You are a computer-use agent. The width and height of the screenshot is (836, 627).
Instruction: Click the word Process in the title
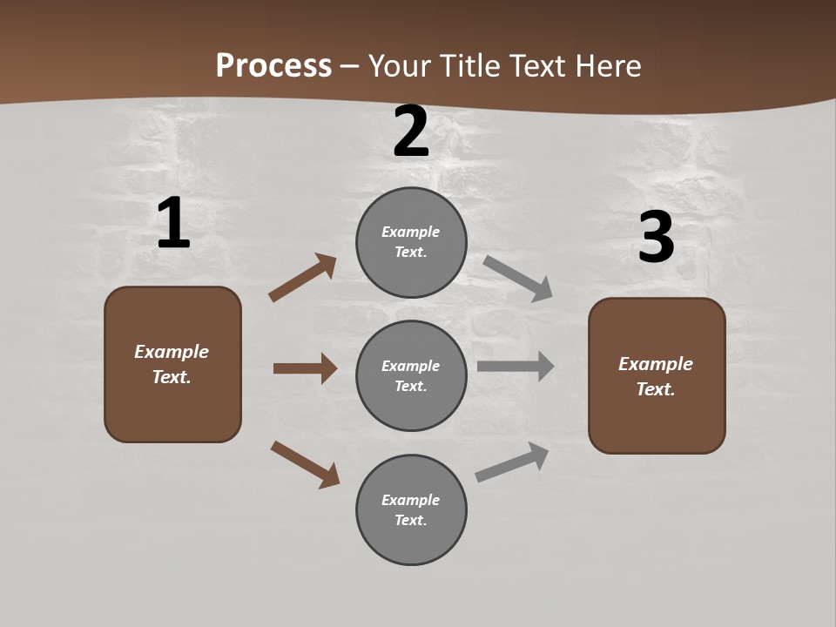273,66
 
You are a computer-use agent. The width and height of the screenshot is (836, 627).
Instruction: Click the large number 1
173,223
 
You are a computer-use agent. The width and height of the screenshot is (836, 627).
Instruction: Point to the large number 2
411,132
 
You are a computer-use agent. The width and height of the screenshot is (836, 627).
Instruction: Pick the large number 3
656,238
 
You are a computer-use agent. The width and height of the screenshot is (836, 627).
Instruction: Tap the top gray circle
411,242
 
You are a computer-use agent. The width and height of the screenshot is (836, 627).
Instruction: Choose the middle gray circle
411,375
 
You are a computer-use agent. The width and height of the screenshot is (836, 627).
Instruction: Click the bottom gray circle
411,509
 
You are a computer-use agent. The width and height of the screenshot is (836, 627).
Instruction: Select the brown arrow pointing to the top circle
303,278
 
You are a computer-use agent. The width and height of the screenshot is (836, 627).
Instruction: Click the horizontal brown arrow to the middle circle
305,368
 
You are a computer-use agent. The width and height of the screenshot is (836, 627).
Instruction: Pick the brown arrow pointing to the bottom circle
305,464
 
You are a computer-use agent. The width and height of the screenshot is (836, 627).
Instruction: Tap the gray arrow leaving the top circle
517,278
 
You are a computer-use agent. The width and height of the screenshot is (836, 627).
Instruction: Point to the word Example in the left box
172,352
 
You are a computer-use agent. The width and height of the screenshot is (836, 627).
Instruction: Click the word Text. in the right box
656,389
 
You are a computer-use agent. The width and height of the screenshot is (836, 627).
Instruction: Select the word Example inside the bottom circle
411,500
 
